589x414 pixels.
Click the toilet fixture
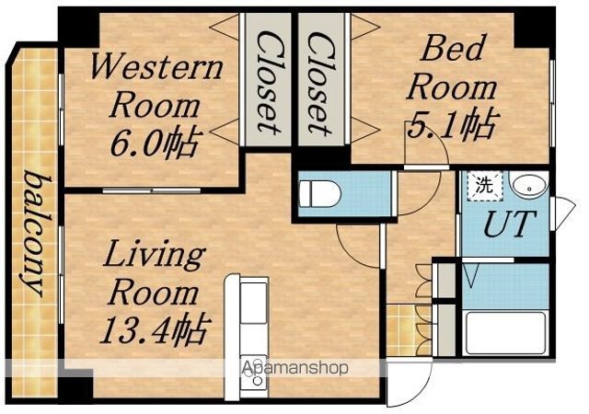click(320, 193)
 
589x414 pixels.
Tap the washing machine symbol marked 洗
click(485, 186)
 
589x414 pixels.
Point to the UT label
click(509, 224)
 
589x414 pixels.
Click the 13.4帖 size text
click(154, 330)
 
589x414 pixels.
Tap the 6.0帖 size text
click(154, 144)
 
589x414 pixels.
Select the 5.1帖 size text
click(453, 125)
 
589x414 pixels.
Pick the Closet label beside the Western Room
click(269, 82)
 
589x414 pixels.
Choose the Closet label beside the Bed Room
click(320, 83)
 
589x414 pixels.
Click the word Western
click(157, 67)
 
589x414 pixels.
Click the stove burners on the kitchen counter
click(254, 371)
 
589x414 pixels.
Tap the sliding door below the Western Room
click(151, 190)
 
